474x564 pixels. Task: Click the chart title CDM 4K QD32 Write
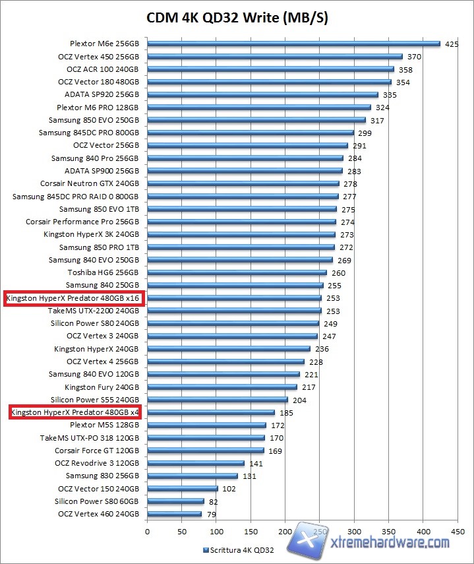coord(237,17)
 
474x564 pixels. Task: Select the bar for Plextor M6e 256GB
coord(293,44)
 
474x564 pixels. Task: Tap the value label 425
coord(452,44)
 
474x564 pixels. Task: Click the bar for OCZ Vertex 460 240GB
coord(174,514)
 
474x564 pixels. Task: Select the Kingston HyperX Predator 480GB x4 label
coord(76,412)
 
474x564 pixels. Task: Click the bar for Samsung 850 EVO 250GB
coord(256,120)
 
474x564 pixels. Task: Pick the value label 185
coord(286,413)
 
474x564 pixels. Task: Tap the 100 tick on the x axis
coord(216,531)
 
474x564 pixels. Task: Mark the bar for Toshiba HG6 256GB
coord(237,272)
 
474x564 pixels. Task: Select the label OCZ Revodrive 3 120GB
coord(98,463)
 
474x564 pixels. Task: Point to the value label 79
coord(212,515)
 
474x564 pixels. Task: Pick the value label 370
coord(414,57)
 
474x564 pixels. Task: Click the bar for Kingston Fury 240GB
coord(222,387)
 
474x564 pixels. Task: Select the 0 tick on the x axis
coord(148,531)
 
